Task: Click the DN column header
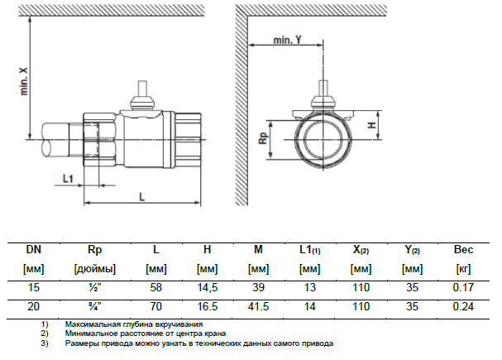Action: (34, 249)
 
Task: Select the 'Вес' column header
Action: (464, 249)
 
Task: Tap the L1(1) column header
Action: (310, 249)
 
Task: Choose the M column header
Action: (259, 249)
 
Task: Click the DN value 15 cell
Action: (34, 287)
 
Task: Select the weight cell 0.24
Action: (464, 305)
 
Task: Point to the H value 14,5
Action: (208, 287)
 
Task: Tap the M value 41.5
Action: (259, 305)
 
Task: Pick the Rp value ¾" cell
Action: (94, 305)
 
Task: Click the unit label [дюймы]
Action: (94, 268)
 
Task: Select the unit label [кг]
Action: (464, 268)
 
